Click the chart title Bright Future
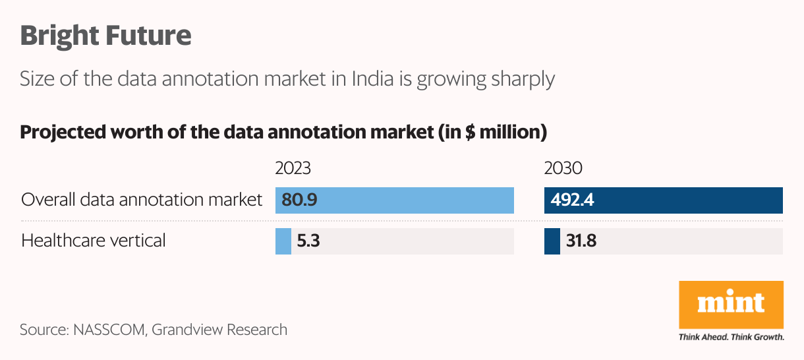point(105,35)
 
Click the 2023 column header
point(293,169)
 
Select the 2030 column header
point(563,169)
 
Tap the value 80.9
point(300,200)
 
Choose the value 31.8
point(581,241)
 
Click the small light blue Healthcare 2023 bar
point(283,241)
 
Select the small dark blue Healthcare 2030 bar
point(552,241)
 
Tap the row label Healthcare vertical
point(94,240)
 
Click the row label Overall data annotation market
point(142,200)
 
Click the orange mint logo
point(731,305)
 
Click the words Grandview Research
point(219,329)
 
